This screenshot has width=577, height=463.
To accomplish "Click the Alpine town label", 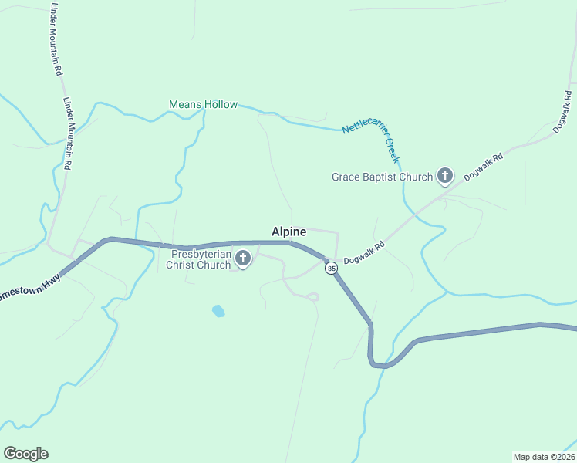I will coord(289,231).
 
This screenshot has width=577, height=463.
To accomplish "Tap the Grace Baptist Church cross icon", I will coord(444,177).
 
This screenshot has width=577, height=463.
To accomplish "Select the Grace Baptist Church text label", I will coord(382,177).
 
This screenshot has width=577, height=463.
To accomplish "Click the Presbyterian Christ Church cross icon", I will coord(243,259).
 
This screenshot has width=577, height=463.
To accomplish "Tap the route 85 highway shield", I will coord(331,268).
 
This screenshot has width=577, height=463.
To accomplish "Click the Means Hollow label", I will coord(204,104).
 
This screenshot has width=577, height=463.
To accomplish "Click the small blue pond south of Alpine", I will coord(218,311).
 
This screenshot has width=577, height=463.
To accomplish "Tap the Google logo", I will coord(25,454).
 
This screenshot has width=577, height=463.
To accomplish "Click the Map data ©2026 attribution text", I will coord(544,456).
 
